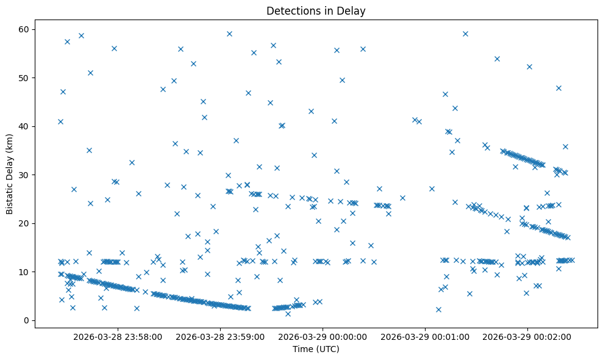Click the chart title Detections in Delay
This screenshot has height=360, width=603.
(316, 11)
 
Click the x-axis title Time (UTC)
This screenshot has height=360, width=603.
(316, 349)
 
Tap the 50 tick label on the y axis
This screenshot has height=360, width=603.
(26, 78)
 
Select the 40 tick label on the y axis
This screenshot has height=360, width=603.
(26, 126)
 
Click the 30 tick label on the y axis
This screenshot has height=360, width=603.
(26, 175)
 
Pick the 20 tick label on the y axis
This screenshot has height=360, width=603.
(26, 223)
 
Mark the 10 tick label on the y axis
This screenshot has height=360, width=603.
(26, 272)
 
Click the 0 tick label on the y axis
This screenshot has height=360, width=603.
(27, 320)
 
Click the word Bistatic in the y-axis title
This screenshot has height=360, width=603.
(10, 198)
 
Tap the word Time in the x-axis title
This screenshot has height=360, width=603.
(303, 349)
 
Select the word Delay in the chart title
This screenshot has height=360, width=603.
(353, 11)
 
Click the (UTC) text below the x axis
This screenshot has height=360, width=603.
(327, 349)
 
